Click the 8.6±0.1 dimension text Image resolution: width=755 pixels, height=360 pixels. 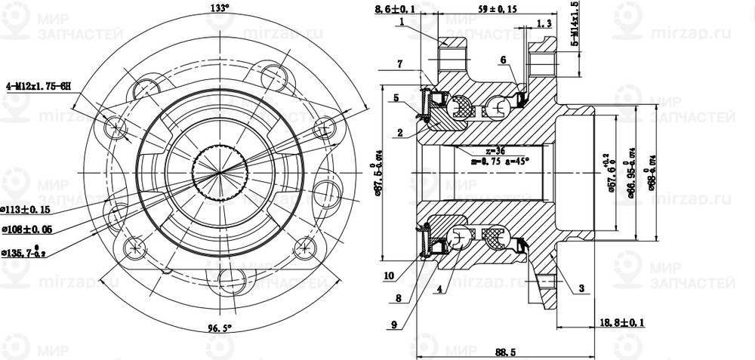[396, 9]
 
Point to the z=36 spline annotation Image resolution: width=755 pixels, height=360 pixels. [496, 150]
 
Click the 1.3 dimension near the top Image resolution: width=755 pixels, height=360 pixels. [543, 23]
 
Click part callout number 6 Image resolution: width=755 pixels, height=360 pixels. [502, 59]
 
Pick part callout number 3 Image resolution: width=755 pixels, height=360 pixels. [581, 288]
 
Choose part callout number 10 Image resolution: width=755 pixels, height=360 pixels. [389, 275]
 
